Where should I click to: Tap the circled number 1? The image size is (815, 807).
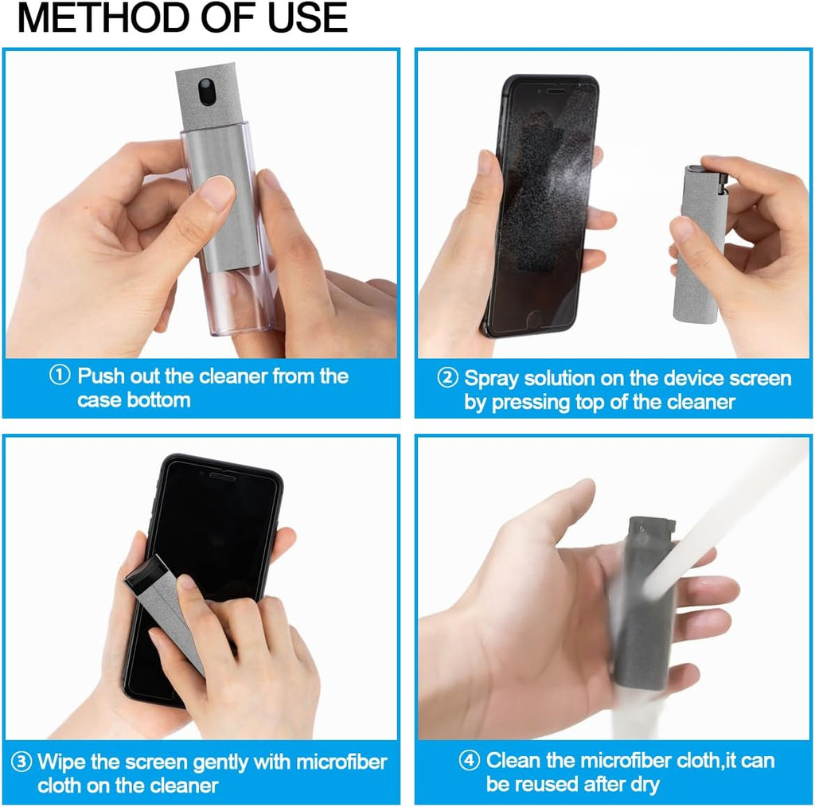pyautogui.click(x=60, y=376)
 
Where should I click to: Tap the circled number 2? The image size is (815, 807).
pyautogui.click(x=447, y=379)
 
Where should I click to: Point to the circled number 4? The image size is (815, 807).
pyautogui.click(x=470, y=761)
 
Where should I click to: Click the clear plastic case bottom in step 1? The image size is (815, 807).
pyautogui.click(x=239, y=310)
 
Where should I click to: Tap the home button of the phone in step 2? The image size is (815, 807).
pyautogui.click(x=536, y=318)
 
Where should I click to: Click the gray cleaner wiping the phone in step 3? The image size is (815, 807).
pyautogui.click(x=163, y=605)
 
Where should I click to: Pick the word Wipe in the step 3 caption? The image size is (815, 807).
pyautogui.click(x=62, y=762)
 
